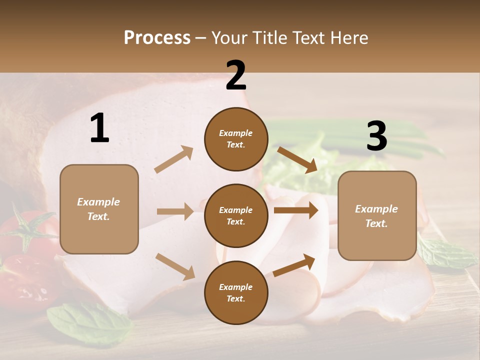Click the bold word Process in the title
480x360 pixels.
(x=157, y=37)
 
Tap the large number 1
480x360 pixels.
(x=99, y=128)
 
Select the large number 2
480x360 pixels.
(x=236, y=75)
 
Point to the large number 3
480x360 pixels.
(x=376, y=136)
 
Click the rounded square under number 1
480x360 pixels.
(x=99, y=209)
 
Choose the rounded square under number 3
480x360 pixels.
(x=377, y=215)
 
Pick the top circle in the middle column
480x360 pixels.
(x=236, y=138)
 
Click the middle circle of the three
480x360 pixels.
(x=236, y=215)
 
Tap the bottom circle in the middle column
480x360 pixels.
(x=236, y=292)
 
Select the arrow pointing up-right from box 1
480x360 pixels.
(x=174, y=159)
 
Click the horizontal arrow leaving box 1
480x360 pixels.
(x=175, y=211)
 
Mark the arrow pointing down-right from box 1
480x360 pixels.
(x=175, y=266)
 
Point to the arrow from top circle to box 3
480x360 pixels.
(x=297, y=160)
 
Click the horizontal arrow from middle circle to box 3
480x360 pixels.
(x=295, y=210)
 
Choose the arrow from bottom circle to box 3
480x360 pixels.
(x=294, y=265)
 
